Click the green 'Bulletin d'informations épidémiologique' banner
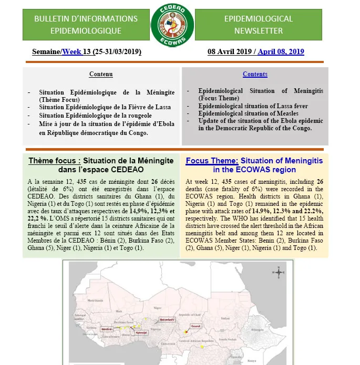tap(86, 25)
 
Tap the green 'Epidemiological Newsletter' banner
tap(258, 25)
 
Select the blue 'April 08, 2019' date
tap(281, 52)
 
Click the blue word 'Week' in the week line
tap(71, 52)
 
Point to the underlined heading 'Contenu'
tap(101, 74)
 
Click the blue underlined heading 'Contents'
tap(255, 74)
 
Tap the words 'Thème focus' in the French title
tap(54, 161)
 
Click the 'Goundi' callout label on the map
tap(196, 326)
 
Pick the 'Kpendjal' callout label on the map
tap(141, 332)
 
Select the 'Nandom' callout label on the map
tap(107, 329)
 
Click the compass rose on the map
tap(280, 272)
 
